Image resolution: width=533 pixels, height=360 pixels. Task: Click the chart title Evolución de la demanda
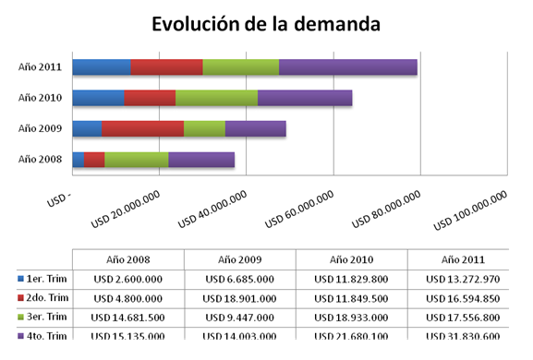coord(266,25)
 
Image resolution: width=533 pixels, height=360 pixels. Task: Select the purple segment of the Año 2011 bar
coord(347,66)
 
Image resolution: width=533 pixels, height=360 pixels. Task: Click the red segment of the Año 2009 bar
coord(142,128)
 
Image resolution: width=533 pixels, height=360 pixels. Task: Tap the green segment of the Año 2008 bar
coord(136,160)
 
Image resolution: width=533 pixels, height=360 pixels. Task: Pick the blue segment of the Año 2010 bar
coord(98,98)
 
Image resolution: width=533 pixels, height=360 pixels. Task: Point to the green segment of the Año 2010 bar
coord(216,98)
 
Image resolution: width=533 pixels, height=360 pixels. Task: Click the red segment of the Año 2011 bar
coord(166,66)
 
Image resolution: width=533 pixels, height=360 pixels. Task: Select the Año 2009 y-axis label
coord(40,128)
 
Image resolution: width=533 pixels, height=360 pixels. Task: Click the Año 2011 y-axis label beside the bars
coord(40,66)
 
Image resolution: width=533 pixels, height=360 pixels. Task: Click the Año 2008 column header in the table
coord(127,259)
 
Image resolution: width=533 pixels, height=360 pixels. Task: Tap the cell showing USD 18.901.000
coord(239,297)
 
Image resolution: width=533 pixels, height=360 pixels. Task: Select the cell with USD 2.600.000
coord(127,278)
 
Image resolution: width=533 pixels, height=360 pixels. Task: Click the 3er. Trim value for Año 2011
coord(463,318)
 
